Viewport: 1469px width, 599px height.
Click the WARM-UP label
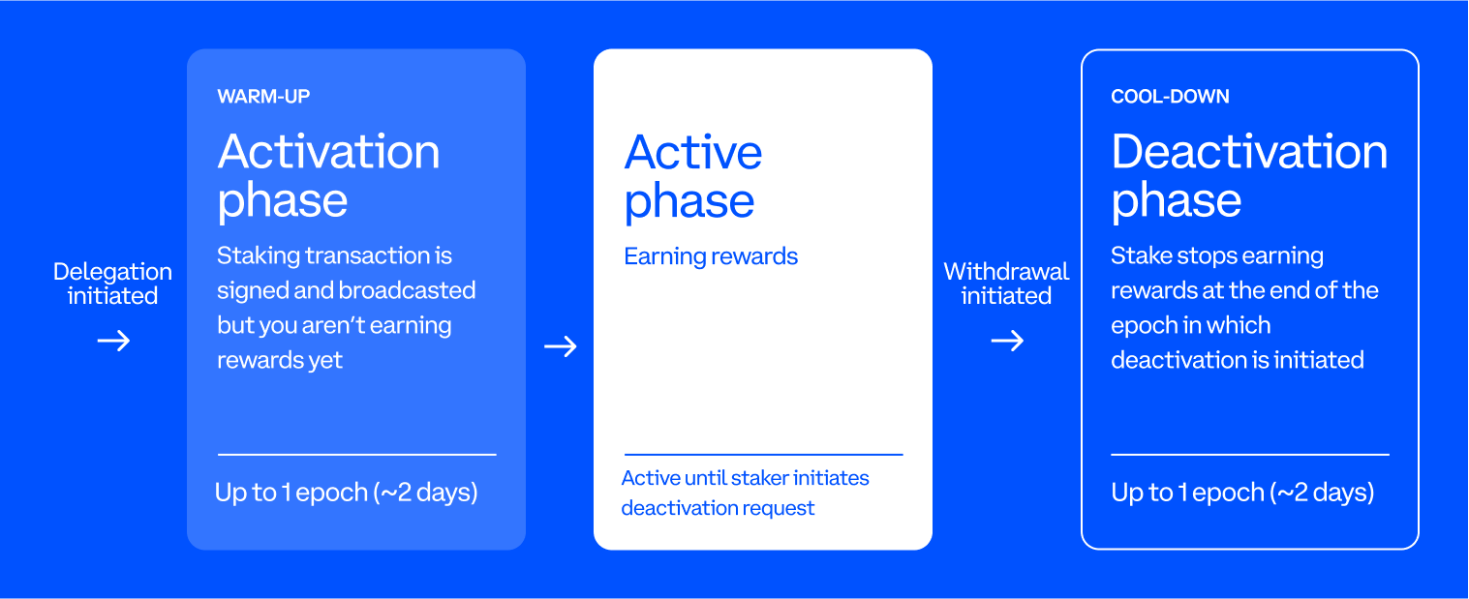(x=263, y=97)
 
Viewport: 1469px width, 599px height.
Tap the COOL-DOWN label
(x=1170, y=97)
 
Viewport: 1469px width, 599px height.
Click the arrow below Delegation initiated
(x=113, y=341)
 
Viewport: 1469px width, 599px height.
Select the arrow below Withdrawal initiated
(x=1007, y=341)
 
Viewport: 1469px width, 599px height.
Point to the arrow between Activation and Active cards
(x=560, y=346)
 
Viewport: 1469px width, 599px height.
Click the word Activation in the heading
(x=328, y=153)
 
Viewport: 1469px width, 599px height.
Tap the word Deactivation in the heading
(x=1249, y=153)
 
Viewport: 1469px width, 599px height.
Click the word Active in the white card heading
(x=693, y=153)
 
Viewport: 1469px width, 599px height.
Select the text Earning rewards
(x=711, y=256)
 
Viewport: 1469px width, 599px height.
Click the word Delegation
(x=112, y=272)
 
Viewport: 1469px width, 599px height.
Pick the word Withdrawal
(x=1006, y=272)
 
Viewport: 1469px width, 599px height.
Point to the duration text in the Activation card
(x=347, y=493)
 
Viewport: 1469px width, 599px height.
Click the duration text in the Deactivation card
(x=1242, y=493)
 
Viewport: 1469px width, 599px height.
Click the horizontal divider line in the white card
(x=763, y=454)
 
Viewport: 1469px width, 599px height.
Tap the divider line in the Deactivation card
(x=1249, y=454)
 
